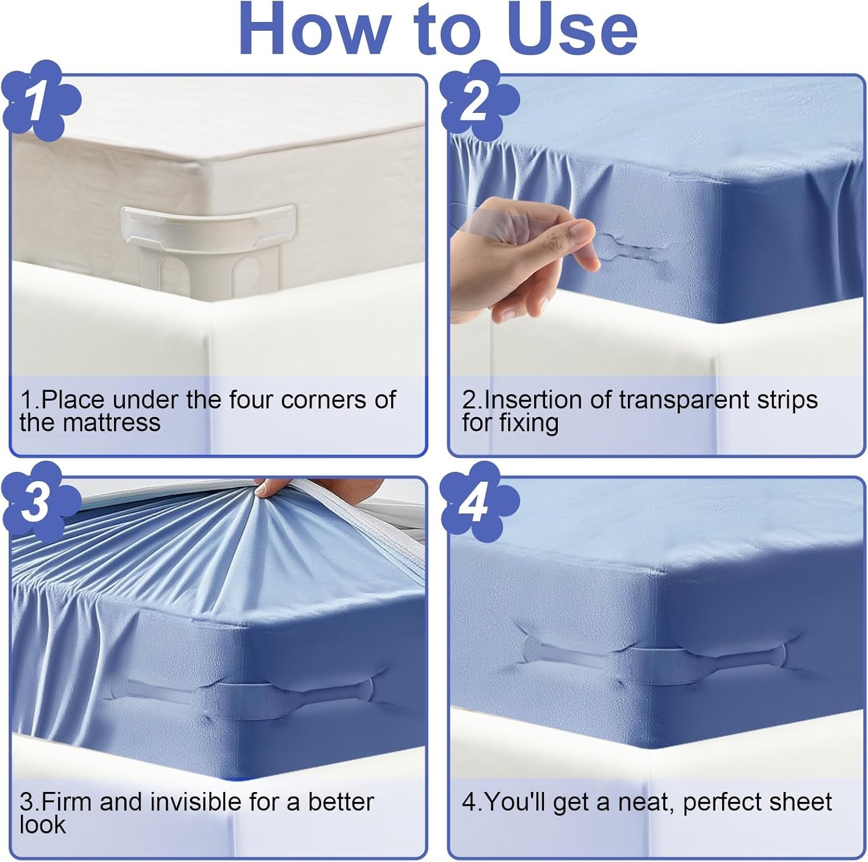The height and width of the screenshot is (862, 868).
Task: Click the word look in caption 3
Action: click(42, 824)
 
